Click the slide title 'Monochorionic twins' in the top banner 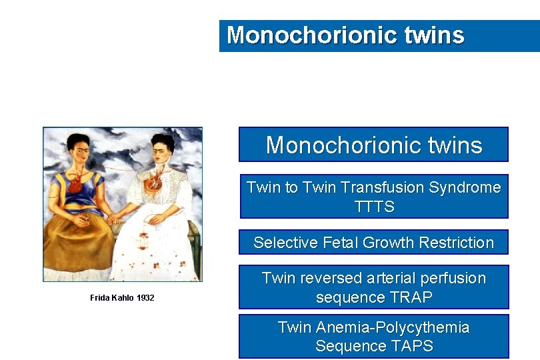click(x=345, y=35)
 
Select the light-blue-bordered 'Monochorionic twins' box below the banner click(x=373, y=145)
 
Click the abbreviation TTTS click(x=375, y=207)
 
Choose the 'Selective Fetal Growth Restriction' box click(x=373, y=243)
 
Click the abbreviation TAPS click(x=409, y=346)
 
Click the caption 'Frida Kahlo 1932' click(x=122, y=298)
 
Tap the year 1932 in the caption click(x=145, y=298)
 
